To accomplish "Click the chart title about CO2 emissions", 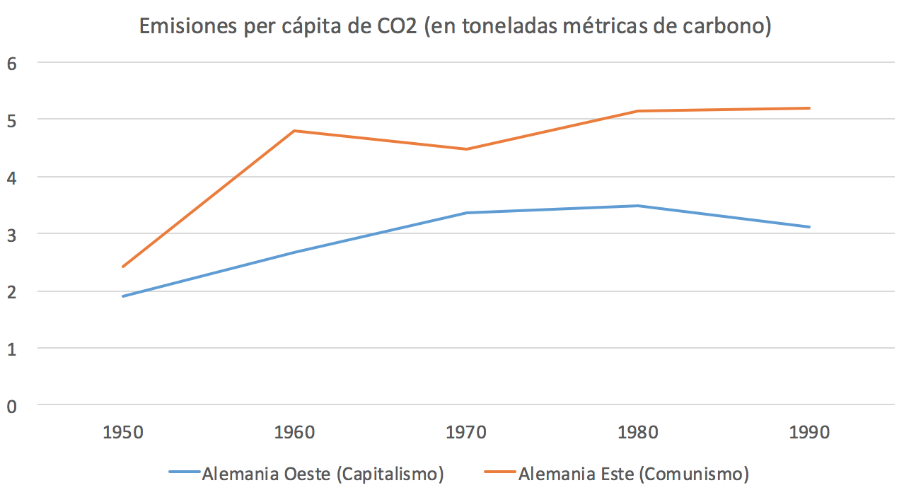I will pyautogui.click(x=454, y=26).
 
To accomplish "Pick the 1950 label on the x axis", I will pyautogui.click(x=122, y=432).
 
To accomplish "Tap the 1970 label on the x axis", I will pyautogui.click(x=466, y=432).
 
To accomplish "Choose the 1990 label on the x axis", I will pyautogui.click(x=809, y=432).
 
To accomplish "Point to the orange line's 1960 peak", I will pyautogui.click(x=294, y=131).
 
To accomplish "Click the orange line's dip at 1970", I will pyautogui.click(x=466, y=149).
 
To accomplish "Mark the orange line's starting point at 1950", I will pyautogui.click(x=123, y=267).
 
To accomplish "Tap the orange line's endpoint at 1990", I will pyautogui.click(x=809, y=108).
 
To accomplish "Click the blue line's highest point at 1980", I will pyautogui.click(x=638, y=206).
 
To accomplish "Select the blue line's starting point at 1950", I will pyautogui.click(x=123, y=296).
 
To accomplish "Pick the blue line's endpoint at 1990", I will pyautogui.click(x=809, y=227).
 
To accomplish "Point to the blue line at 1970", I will pyautogui.click(x=466, y=213).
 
